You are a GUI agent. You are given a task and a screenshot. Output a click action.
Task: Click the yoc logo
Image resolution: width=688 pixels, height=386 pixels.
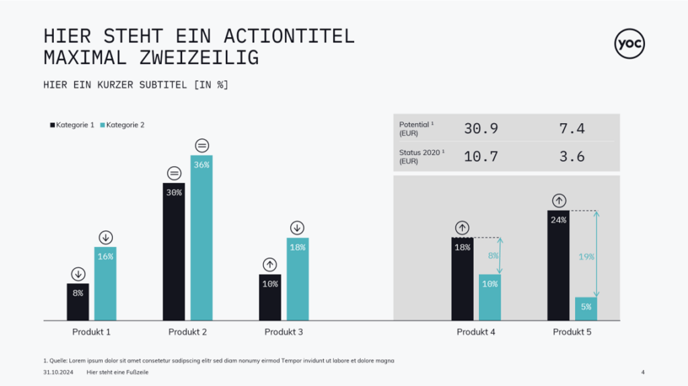click(x=630, y=44)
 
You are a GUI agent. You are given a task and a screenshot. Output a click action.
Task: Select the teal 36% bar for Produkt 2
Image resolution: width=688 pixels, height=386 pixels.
click(x=202, y=239)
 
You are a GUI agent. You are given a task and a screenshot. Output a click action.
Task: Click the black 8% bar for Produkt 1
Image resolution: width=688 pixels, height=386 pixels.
click(x=78, y=302)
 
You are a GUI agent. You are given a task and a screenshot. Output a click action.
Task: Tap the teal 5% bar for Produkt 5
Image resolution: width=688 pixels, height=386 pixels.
click(x=586, y=309)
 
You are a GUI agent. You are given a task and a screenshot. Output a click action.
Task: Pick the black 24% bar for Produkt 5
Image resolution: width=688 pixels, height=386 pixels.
click(x=558, y=265)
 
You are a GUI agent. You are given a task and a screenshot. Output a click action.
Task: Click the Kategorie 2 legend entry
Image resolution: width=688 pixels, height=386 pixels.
click(x=122, y=125)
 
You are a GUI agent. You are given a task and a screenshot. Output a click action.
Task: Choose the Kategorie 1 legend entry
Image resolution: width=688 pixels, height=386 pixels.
click(x=72, y=125)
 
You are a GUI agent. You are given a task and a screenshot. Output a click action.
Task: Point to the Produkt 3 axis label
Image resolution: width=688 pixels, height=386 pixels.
click(x=284, y=332)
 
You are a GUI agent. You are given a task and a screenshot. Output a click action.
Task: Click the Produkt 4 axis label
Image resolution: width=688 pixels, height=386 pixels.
click(x=476, y=332)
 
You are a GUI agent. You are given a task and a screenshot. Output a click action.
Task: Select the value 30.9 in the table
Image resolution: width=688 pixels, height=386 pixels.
click(x=481, y=128)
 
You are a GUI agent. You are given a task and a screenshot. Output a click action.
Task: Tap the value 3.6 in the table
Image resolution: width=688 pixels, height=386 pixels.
click(x=572, y=157)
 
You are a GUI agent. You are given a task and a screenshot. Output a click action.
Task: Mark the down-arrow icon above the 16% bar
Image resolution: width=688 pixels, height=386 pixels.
click(x=105, y=237)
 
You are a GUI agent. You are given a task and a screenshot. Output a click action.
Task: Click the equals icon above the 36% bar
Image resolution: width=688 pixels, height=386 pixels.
click(x=202, y=145)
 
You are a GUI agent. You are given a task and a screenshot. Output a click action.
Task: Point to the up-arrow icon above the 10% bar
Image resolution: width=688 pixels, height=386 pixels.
click(x=270, y=264)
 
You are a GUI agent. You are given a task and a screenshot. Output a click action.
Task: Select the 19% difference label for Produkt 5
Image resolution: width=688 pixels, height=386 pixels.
click(x=586, y=256)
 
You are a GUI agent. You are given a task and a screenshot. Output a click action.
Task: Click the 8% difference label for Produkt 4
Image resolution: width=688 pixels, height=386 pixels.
click(x=493, y=256)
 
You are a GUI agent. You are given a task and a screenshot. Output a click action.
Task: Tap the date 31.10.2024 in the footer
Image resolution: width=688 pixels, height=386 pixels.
click(x=56, y=372)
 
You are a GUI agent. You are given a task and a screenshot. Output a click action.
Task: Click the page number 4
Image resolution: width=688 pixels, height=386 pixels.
click(x=643, y=372)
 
